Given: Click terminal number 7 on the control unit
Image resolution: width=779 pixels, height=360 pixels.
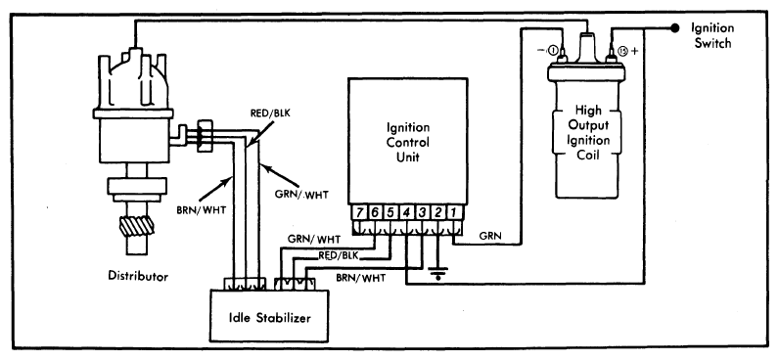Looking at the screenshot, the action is point(360,212).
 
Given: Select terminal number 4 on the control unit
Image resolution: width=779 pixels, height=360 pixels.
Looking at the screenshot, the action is point(407,212).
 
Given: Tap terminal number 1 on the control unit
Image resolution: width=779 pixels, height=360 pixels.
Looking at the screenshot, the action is point(453,212).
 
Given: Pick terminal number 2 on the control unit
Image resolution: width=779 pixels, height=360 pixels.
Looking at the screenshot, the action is point(437,212).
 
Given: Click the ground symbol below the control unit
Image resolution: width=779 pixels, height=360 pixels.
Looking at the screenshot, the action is point(437,273).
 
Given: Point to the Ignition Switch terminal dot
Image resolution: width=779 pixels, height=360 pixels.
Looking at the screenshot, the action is point(674,28).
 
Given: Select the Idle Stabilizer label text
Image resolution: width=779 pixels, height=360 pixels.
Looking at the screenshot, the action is point(269,316).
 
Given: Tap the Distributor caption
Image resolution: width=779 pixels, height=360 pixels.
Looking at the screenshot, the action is point(139,276).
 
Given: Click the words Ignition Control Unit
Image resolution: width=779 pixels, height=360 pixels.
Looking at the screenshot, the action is point(407,143).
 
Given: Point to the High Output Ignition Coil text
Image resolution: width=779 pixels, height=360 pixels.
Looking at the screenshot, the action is point(588,132).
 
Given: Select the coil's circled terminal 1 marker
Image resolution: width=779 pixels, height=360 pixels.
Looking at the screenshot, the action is point(553,50).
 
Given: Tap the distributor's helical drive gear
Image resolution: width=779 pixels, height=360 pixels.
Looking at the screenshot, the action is point(137,226).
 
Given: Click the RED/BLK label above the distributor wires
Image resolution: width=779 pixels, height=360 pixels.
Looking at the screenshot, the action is point(270,113).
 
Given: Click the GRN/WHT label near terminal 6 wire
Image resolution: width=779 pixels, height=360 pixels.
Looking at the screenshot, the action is point(313,240).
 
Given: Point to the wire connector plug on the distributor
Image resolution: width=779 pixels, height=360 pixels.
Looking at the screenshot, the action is point(205,136).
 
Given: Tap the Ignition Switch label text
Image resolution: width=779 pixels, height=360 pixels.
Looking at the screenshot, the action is point(712,36).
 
